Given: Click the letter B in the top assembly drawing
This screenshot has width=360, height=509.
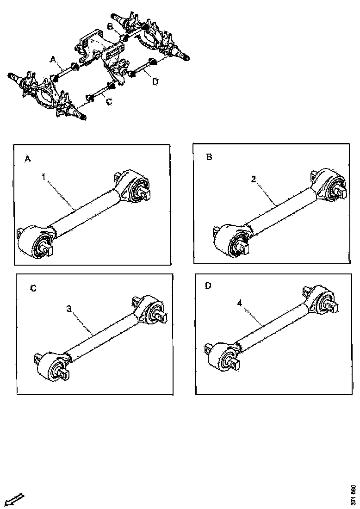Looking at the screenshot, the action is (111, 27).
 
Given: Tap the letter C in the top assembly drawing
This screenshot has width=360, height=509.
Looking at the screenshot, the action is (109, 102).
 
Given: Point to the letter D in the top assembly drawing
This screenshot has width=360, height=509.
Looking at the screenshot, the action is (155, 81).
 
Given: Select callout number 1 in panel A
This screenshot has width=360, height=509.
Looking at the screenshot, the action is (44, 177).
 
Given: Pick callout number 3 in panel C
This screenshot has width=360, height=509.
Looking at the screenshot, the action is (69, 308).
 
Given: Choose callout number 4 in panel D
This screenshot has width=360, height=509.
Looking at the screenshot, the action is (240, 303).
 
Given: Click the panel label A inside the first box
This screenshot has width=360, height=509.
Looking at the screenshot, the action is (28, 159).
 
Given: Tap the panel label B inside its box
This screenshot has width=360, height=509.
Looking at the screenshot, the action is (209, 157).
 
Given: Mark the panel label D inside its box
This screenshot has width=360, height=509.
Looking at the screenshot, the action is (208, 286).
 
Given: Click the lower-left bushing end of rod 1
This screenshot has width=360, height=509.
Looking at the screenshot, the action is (35, 242).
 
